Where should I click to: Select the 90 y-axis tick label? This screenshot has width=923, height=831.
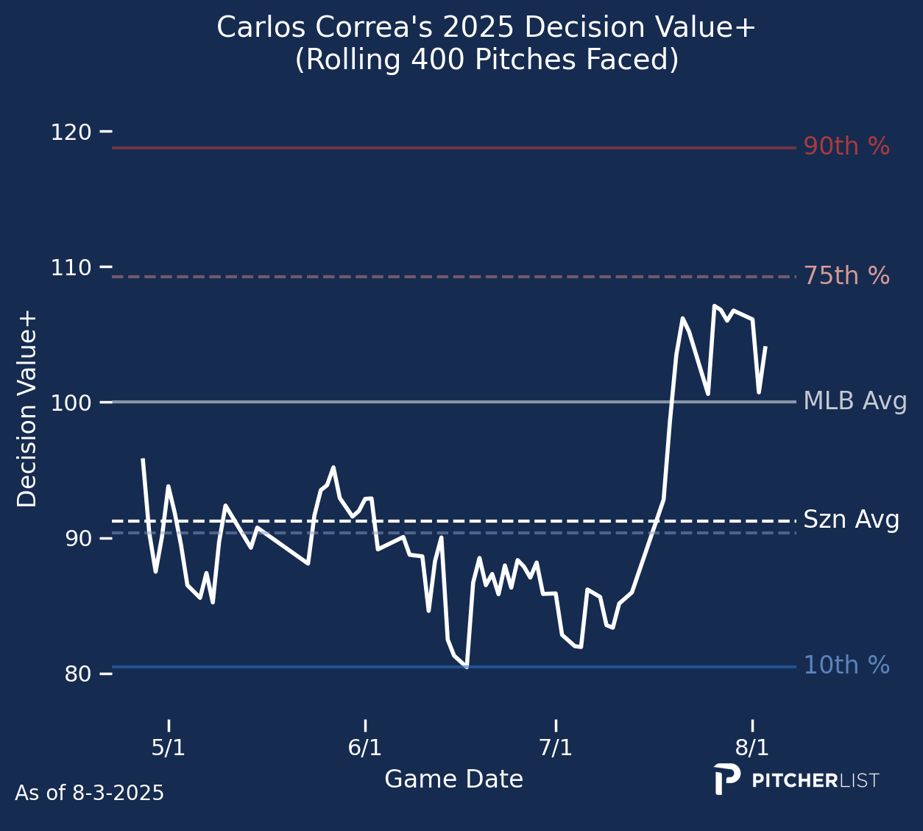(77, 539)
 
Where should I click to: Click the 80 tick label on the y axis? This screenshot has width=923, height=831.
(77, 675)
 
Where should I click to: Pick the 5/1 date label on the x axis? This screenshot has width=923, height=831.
(169, 749)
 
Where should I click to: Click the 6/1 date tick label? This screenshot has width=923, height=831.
(365, 749)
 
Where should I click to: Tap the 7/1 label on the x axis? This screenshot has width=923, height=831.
(556, 749)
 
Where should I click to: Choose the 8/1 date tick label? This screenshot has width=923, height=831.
(752, 749)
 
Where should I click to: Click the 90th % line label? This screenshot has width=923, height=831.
(846, 147)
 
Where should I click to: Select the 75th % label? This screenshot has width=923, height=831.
(846, 277)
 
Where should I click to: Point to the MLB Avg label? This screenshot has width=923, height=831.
(855, 402)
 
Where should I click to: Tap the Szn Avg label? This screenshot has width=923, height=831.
(851, 520)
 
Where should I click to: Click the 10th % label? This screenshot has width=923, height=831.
(846, 666)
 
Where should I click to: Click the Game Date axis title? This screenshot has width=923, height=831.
(453, 779)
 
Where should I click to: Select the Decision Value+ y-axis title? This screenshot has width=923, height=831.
(27, 409)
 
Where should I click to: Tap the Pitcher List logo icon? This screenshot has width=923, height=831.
(726, 779)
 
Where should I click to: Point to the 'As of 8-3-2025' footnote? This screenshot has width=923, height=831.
(90, 793)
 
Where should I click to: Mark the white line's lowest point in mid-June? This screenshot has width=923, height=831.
(467, 667)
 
